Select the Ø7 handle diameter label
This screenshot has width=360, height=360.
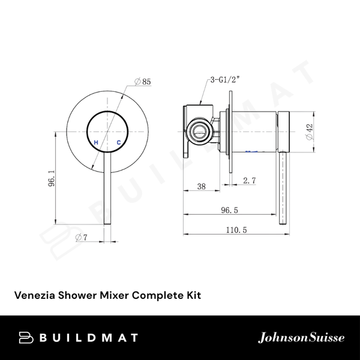[x=82, y=238]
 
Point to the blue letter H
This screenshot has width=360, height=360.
[x=95, y=142]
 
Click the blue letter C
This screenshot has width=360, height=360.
[x=119, y=142]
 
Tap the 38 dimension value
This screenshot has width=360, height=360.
[x=201, y=187]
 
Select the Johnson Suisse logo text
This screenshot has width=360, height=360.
[x=301, y=337]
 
